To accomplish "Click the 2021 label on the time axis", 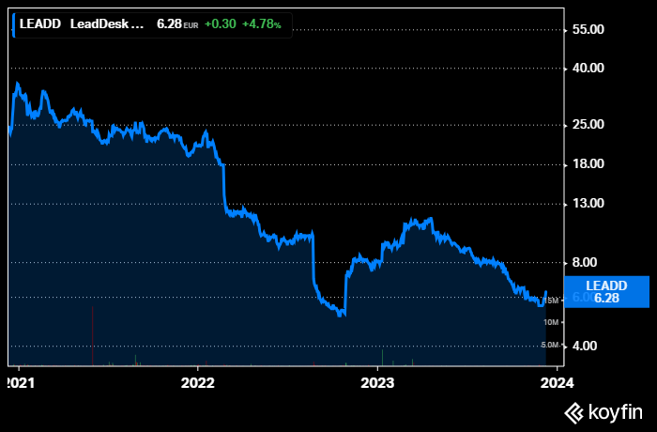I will pos(18,382).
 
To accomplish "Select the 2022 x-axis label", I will pos(197,382).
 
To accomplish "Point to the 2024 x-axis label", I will pos(557,382).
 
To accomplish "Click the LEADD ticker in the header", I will pos(41,24).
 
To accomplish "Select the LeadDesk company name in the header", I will pos(107,24).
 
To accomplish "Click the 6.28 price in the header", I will pos(168,24).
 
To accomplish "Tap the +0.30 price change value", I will pos(220,24).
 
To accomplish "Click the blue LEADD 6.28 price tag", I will pos(606,291).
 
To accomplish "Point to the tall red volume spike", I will pos(92,336).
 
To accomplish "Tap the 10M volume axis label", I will pos(552,322).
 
